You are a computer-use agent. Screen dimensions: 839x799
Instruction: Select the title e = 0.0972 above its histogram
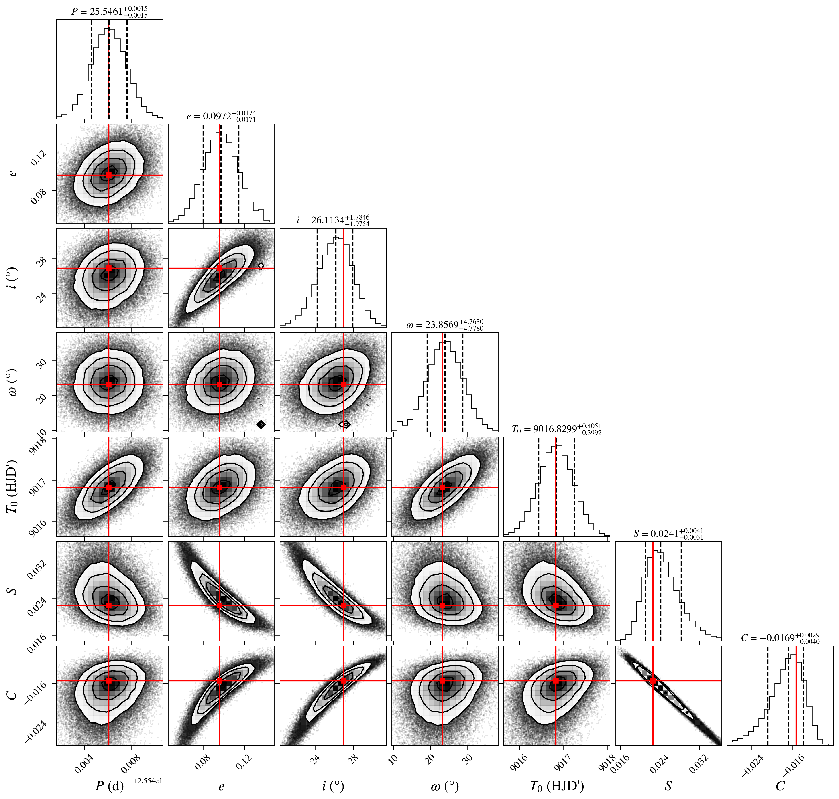pyautogui.click(x=221, y=116)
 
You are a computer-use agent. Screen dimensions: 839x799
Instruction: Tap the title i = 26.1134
pyautogui.click(x=333, y=220)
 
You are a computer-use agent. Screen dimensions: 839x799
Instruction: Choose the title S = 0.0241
pyautogui.click(x=668, y=533)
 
